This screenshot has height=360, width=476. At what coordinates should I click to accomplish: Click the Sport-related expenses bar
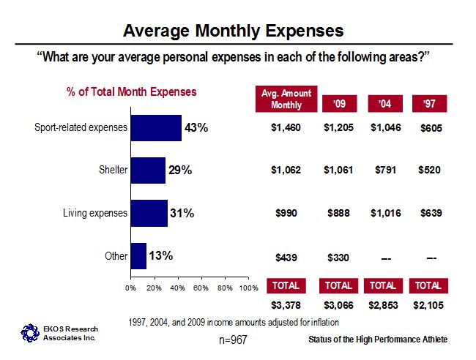(x=156, y=128)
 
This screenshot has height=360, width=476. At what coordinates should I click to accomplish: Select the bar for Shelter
(x=148, y=170)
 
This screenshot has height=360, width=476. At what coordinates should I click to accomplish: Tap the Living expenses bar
(x=149, y=213)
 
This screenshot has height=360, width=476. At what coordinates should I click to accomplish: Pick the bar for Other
(x=138, y=255)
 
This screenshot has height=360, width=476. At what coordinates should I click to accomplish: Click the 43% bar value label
(x=196, y=128)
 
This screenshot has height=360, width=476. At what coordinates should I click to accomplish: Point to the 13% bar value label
(x=160, y=255)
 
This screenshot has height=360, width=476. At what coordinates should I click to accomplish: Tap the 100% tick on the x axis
(x=249, y=288)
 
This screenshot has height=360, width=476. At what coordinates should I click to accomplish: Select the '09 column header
(x=339, y=104)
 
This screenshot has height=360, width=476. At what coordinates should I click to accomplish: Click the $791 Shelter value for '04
(x=385, y=170)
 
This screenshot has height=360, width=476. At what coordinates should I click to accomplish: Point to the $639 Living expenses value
(x=431, y=213)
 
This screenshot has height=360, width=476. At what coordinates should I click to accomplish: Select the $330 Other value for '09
(x=339, y=256)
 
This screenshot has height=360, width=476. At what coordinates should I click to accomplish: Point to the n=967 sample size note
(x=233, y=340)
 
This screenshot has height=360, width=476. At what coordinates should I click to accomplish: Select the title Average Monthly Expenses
(x=233, y=31)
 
